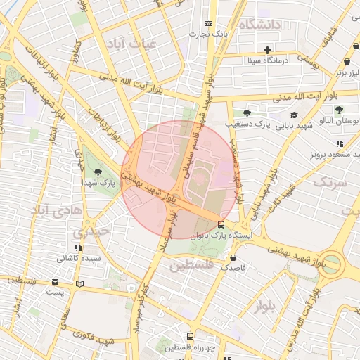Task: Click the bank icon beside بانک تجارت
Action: coord(207,22)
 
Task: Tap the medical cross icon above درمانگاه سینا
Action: coord(267,50)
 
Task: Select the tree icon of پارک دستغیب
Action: coord(246,113)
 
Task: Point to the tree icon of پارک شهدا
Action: coord(97,172)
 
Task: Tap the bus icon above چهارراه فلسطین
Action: coord(189,336)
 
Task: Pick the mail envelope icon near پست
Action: coord(56,282)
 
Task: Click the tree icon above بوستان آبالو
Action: coord(339,110)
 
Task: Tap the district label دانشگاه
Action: coord(259,25)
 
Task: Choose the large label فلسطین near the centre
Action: coord(190,265)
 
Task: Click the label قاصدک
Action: coord(233,268)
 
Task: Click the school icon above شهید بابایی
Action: coord(293,115)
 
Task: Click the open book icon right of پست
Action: coord(79,283)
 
